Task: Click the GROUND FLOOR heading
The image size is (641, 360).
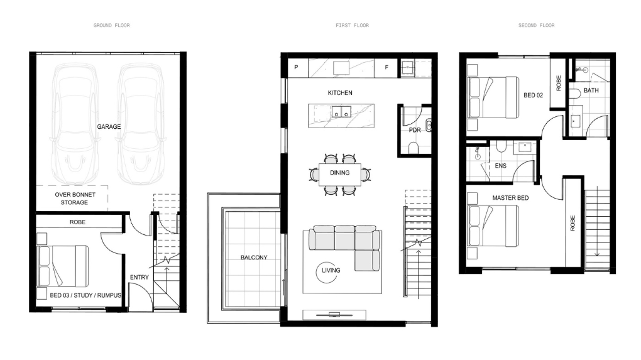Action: point(112,25)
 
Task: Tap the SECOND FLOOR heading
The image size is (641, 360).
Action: point(536,25)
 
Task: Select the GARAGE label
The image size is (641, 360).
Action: point(109,127)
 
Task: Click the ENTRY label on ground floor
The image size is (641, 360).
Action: point(140,277)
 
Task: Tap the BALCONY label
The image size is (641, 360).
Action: point(254,258)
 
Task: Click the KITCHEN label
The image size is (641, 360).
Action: point(340,93)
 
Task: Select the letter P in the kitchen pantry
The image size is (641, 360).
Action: point(296,67)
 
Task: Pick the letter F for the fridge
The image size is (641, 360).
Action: point(386,67)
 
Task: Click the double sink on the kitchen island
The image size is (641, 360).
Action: point(341,111)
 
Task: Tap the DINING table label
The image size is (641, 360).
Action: point(340,173)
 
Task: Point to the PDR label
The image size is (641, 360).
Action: point(415,130)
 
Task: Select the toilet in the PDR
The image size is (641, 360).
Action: point(414,148)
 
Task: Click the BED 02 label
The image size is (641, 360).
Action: point(533,95)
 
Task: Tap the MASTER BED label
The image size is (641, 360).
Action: point(510,198)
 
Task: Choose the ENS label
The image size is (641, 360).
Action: point(501,165)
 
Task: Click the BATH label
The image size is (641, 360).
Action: point(591,90)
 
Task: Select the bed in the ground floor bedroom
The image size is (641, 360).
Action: point(63,266)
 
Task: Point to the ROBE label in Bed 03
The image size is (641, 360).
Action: point(77,222)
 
